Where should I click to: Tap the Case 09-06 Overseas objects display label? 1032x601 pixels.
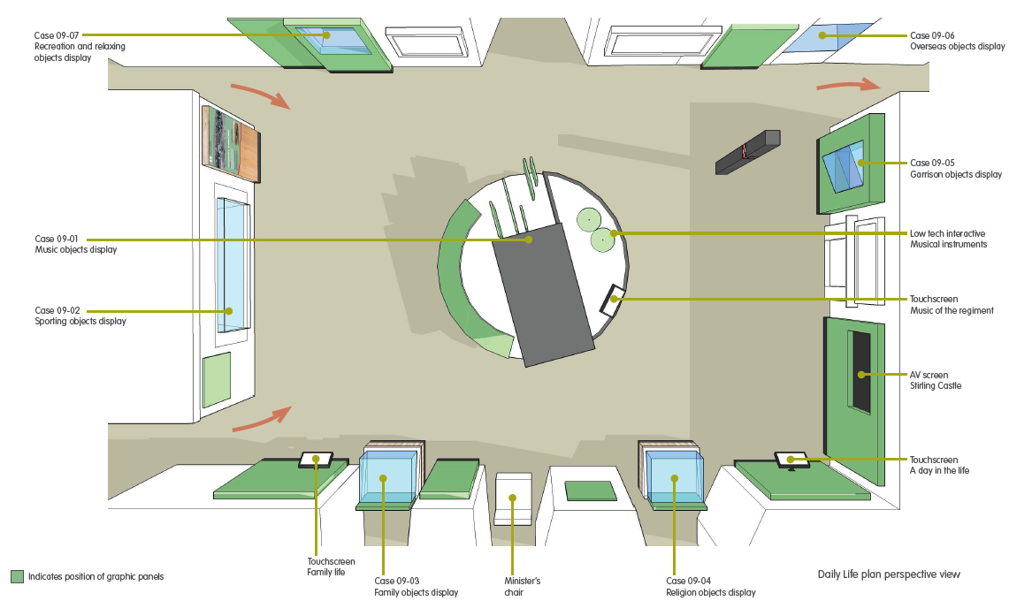[957, 41]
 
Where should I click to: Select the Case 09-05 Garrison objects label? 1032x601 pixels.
[956, 169]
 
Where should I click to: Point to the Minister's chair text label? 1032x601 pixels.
[521, 586]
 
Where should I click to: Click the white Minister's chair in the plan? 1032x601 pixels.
[513, 499]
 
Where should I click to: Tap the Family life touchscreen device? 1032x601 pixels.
[316, 460]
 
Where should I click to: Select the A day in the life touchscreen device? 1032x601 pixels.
[791, 459]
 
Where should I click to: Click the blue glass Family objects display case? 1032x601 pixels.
[388, 478]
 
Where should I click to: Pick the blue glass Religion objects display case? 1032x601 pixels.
[675, 478]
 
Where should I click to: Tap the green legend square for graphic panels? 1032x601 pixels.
[17, 576]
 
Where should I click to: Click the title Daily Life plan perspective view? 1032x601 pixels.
[888, 574]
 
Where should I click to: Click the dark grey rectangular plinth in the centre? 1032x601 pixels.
[542, 292]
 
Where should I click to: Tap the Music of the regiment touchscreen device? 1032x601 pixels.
[613, 300]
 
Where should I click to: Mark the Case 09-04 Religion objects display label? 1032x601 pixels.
[710, 586]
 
